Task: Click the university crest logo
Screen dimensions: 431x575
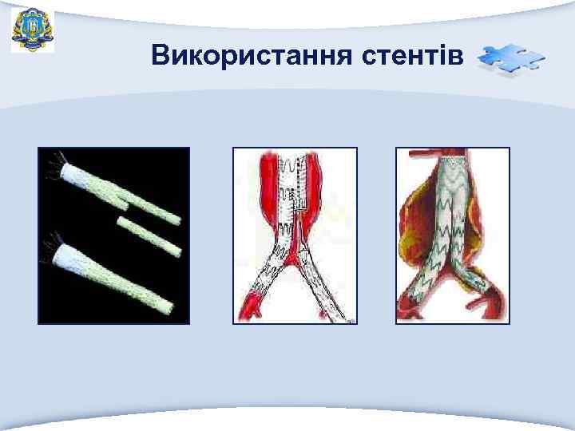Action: pos(33,30)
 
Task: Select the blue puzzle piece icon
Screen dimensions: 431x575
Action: pos(510,60)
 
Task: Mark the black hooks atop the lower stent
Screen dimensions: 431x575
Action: pos(51,239)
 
